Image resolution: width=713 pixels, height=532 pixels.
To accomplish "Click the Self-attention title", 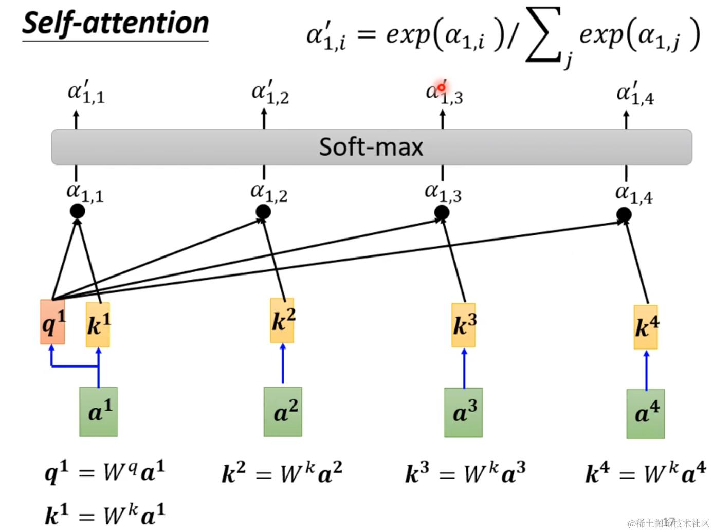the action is pos(115,23).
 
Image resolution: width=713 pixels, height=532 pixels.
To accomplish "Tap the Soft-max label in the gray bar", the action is pos(371,147).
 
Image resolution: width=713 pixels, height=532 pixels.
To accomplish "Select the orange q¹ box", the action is pos(52,322).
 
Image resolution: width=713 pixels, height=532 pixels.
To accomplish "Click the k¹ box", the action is pos(98,325).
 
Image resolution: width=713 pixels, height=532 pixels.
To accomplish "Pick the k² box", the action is pos(282,320).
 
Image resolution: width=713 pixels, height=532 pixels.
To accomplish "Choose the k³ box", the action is pos(464,325).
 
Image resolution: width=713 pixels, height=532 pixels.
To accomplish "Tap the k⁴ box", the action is pos(646,327).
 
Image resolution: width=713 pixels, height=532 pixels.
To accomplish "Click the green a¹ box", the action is pos(98,412).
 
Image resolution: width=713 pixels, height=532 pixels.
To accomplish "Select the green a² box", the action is pos(283,412).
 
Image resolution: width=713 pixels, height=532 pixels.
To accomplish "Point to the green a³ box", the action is pos(464,412).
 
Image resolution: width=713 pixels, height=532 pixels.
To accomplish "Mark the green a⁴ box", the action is pos(646,414).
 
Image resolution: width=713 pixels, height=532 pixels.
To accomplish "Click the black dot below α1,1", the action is pos(77,211).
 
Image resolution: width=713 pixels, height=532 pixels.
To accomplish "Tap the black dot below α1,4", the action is pos(624,215).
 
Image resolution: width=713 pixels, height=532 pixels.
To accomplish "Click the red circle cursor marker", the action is pos(442,87).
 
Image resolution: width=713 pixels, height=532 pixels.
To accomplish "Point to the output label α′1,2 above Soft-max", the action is pos(270,92).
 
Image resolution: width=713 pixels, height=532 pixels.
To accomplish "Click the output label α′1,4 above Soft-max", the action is pos(635,93).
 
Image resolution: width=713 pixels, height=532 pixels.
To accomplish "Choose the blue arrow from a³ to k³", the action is pos(464,368).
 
